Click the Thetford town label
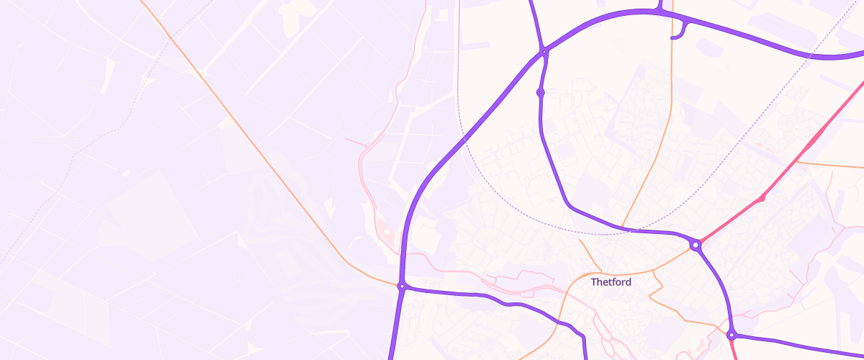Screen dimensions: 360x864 click(611, 282)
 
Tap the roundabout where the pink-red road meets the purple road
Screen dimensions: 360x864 click(695, 246)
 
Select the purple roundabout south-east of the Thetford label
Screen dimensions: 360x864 click(732, 335)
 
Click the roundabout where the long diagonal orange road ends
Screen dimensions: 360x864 click(402, 287)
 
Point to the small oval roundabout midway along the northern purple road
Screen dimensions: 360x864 click(540, 92)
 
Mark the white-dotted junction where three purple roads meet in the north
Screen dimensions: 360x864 click(545, 51)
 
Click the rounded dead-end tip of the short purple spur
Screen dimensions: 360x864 click(672, 37)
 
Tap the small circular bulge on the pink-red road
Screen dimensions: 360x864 click(762, 199)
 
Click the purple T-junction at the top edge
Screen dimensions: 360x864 click(659, 10)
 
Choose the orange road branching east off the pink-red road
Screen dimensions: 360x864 click(828, 165)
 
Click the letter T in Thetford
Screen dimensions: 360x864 click(594, 282)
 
